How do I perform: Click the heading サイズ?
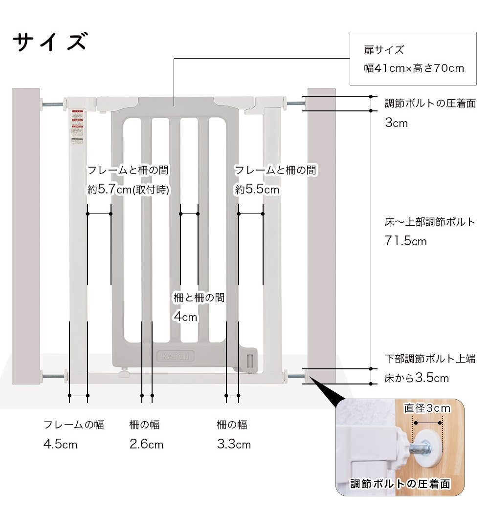(x=49, y=42)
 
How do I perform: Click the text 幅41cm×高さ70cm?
(x=414, y=68)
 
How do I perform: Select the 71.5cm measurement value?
(x=405, y=241)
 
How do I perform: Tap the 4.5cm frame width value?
(x=60, y=445)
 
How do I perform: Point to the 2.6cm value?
(x=146, y=445)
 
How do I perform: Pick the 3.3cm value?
(x=234, y=445)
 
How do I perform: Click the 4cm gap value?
(x=185, y=317)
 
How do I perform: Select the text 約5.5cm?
(x=257, y=190)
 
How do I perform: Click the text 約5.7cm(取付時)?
(x=128, y=190)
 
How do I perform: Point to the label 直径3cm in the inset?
(x=427, y=408)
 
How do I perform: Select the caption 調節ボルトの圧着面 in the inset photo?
(x=400, y=484)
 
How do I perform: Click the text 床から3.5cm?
(x=417, y=378)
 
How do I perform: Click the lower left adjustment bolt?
(x=54, y=376)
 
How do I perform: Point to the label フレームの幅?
(x=74, y=425)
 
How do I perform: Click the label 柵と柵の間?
(x=199, y=297)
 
